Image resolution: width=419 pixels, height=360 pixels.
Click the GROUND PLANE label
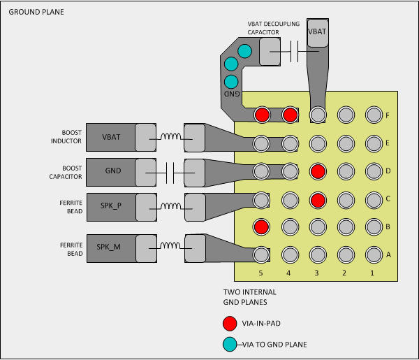[x=32, y=13]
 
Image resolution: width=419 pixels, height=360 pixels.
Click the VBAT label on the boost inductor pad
[x=112, y=137]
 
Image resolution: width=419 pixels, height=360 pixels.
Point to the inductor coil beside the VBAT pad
[x=170, y=137]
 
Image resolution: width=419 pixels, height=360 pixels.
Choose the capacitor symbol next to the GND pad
[x=170, y=171]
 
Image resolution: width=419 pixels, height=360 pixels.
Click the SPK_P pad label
[x=112, y=206]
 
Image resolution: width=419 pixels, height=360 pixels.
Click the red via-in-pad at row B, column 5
[x=262, y=226]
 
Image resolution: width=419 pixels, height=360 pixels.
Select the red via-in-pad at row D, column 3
[x=318, y=171]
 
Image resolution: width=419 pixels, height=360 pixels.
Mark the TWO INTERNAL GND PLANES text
[x=250, y=297]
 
